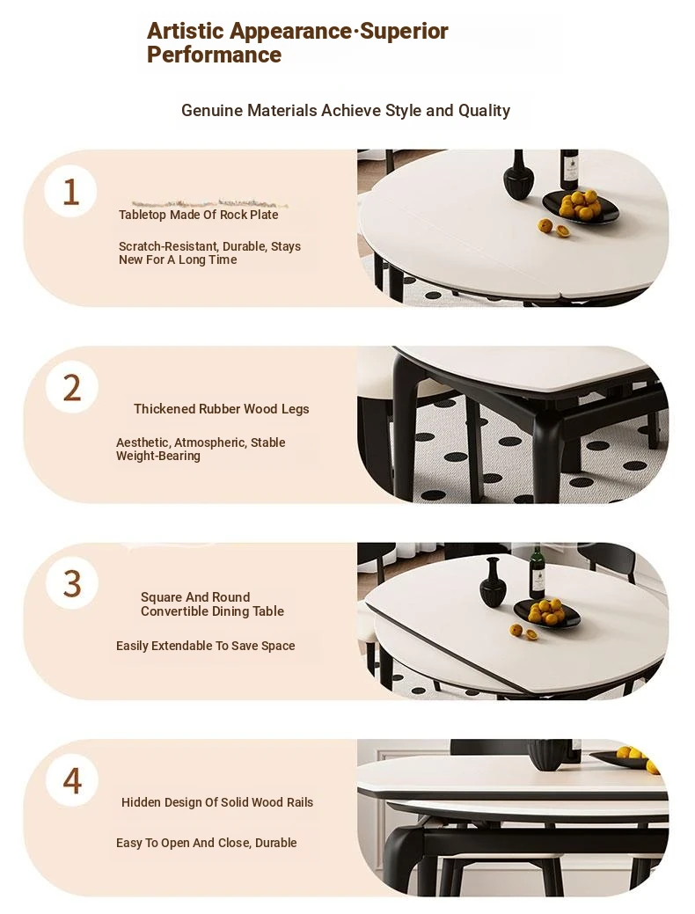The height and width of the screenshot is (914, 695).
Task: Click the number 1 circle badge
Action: pos(70,191)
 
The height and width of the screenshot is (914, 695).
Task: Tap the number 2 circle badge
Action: pos(72,388)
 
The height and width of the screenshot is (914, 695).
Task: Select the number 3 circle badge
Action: pos(72,583)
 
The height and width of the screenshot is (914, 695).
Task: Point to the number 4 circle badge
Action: pos(72,780)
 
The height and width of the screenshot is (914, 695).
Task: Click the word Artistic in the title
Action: pos(186,31)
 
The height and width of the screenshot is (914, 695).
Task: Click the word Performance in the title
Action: pos(214,55)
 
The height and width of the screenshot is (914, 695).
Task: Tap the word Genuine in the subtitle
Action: pos(212,110)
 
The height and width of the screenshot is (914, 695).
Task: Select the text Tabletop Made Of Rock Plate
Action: pos(198,215)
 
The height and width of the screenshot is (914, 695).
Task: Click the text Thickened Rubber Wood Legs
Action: pos(221,409)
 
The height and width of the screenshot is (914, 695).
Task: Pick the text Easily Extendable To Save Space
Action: pos(205,646)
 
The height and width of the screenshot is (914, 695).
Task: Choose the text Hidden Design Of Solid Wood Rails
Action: pos(217,802)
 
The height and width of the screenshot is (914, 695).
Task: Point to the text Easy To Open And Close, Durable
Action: pos(207,843)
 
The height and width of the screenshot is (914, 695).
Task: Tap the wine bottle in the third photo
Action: pos(537,574)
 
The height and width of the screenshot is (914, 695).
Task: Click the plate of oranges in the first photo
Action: pos(580,207)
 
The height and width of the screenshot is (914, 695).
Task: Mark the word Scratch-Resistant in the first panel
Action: pos(169,246)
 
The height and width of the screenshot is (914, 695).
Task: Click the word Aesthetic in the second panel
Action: pos(143,442)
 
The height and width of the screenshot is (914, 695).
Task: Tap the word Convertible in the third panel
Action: pos(176,611)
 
